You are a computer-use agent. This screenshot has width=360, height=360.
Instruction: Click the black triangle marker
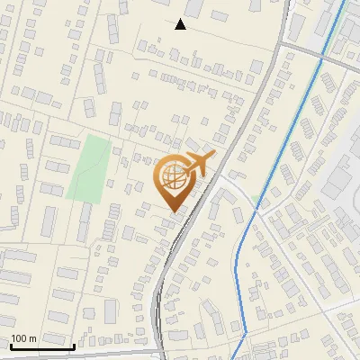[181, 24]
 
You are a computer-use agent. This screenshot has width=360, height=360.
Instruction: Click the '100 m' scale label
[23, 338]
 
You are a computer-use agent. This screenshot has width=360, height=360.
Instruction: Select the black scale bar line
[42, 346]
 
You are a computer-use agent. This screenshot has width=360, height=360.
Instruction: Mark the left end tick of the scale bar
[11, 344]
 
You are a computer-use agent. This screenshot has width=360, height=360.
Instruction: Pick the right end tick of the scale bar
[74, 344]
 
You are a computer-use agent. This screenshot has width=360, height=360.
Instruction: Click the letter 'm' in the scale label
[32, 338]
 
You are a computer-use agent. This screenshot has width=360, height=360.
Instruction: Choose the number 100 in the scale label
[19, 338]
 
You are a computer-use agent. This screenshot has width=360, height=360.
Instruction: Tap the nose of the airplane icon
[214, 157]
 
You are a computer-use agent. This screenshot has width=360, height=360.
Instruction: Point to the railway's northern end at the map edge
[290, 1]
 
